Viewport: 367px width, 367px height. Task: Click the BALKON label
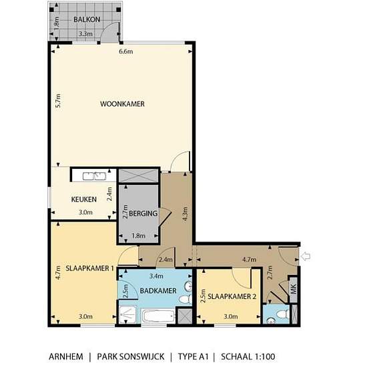point(87,19)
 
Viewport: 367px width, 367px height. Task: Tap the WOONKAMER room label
point(122,104)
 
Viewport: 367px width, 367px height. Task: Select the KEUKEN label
point(85,199)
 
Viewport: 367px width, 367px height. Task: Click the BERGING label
point(143,214)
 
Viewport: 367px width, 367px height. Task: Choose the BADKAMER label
point(157,291)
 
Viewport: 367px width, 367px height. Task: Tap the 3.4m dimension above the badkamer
point(156,275)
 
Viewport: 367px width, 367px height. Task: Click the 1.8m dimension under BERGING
point(138,236)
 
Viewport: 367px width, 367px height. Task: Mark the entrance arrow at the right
point(306,256)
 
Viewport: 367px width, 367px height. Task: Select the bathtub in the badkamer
point(158,316)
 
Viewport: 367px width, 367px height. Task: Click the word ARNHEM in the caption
point(66,356)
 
